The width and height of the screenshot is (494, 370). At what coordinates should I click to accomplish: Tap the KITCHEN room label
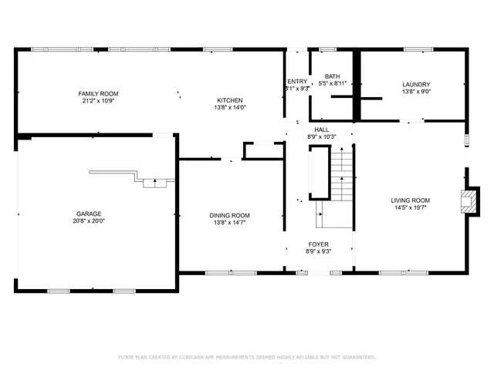click(229, 100)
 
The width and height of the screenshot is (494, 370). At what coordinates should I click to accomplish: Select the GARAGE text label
click(88, 214)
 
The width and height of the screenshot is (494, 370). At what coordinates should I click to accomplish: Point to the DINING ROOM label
click(229, 215)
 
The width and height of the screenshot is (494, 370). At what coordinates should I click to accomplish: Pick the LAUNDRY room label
click(415, 84)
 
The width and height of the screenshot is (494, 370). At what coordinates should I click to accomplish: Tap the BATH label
click(332, 76)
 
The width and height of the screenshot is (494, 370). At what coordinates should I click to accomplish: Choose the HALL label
click(321, 129)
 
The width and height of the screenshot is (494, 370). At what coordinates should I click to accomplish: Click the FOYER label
click(319, 244)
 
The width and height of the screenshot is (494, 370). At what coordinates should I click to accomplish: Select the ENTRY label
click(297, 81)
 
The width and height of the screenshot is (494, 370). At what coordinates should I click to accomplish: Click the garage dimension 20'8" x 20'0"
click(88, 220)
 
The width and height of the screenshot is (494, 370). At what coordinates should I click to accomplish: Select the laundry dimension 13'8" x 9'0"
click(415, 91)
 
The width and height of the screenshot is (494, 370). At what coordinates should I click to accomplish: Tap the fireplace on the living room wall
click(466, 202)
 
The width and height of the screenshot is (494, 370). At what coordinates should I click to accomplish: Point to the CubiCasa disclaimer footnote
click(246, 357)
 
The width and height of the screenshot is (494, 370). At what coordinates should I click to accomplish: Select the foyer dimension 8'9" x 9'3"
click(319, 251)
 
